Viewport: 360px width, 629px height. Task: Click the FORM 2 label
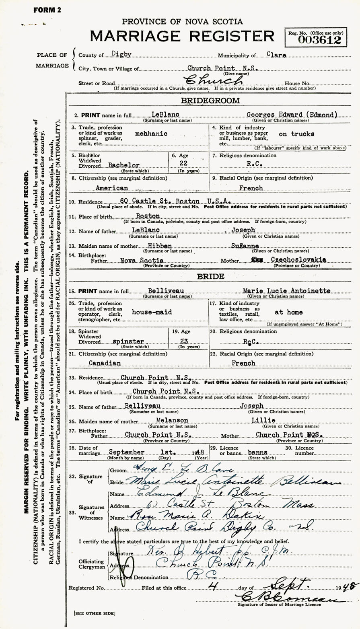tap(47, 10)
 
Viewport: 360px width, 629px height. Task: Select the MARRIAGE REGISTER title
tap(182, 36)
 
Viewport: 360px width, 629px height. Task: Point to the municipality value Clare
tap(276, 55)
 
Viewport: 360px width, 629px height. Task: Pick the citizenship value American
tap(112, 188)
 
